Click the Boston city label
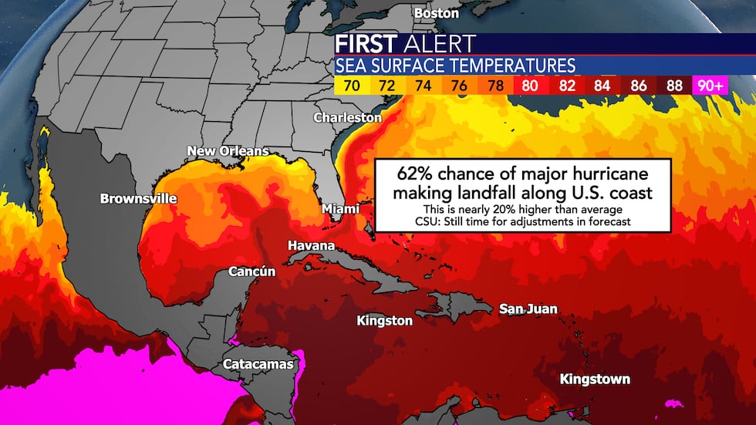pyautogui.click(x=436, y=13)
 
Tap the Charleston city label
pyautogui.click(x=347, y=117)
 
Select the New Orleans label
pyautogui.click(x=228, y=150)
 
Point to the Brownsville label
pyautogui.click(x=138, y=198)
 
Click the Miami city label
pyautogui.click(x=340, y=209)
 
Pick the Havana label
pyautogui.click(x=311, y=245)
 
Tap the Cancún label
pyautogui.click(x=251, y=272)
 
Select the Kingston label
pyautogui.click(x=384, y=320)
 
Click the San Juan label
pyautogui.click(x=528, y=309)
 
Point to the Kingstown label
pyautogui.click(x=594, y=379)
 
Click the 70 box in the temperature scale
pyautogui.click(x=351, y=86)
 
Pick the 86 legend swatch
pyautogui.click(x=639, y=86)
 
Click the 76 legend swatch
pyautogui.click(x=459, y=86)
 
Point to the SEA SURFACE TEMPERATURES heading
pyautogui.click(x=454, y=65)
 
